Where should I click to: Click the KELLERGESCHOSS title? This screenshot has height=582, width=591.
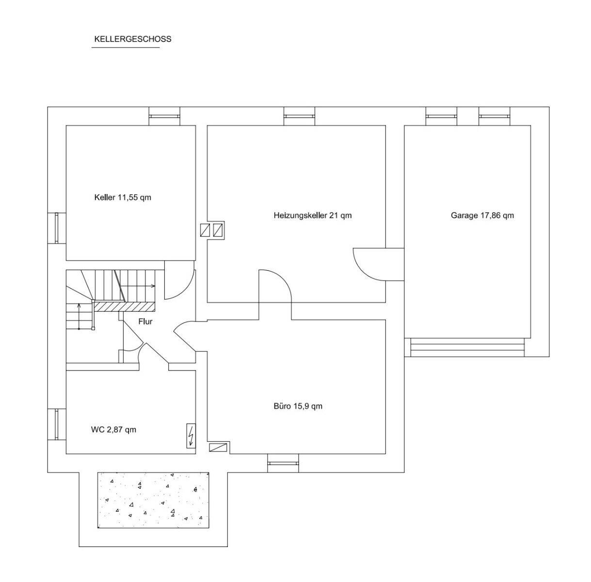pos(132,39)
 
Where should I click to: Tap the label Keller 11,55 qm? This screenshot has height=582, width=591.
pos(123,197)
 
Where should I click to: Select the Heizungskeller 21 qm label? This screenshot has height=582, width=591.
pos(313,215)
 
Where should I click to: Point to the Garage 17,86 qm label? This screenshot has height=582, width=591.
pos(482,215)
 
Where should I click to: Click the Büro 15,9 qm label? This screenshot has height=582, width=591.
pos(298,406)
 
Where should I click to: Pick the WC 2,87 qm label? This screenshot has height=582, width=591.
pos(113,430)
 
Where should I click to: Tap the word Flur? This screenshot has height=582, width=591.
pos(145,322)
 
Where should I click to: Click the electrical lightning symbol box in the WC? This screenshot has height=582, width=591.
pos(191,436)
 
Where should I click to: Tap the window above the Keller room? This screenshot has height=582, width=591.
pos(164,116)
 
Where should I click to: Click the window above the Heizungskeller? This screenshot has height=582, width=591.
pos(299,116)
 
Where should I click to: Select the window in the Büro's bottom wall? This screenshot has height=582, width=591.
pos(283,463)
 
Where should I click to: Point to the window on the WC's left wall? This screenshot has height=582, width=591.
pos(57,424)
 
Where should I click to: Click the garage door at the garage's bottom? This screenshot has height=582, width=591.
pos(467,347)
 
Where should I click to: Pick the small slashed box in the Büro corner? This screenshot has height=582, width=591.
pos(218,447)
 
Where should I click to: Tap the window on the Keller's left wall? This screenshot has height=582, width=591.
pos(57,228)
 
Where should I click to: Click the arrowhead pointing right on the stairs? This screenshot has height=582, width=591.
pos(153,286)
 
